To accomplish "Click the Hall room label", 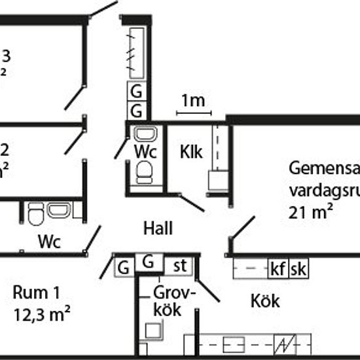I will (x=158, y=228).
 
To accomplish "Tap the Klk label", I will (x=192, y=153).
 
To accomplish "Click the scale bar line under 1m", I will (x=193, y=113).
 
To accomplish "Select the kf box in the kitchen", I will (x=278, y=268).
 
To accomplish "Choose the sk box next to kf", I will (x=298, y=268).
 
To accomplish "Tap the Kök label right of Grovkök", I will (x=265, y=301).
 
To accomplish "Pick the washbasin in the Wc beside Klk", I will (x=144, y=135).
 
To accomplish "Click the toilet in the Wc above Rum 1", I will (x=35, y=212).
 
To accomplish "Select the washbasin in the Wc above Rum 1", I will (x=59, y=211).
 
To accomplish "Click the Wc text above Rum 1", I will (x=49, y=242).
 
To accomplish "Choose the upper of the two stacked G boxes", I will (x=137, y=91).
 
